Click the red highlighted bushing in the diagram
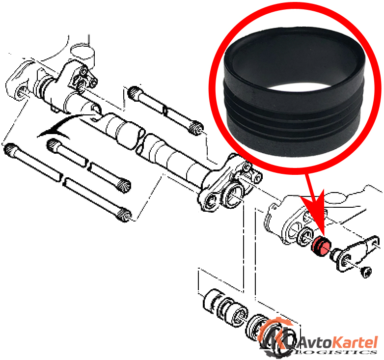(x=321, y=247)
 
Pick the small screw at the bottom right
(x=366, y=272)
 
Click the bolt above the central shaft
(x=165, y=110)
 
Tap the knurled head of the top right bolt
(x=196, y=128)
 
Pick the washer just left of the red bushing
(x=305, y=237)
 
